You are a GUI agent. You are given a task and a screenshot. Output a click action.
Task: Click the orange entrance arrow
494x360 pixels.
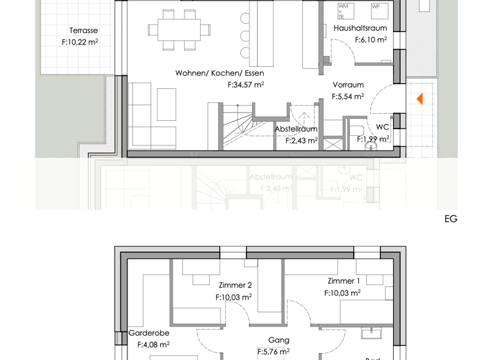419,99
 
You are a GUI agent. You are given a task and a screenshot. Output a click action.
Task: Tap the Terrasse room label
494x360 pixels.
84,30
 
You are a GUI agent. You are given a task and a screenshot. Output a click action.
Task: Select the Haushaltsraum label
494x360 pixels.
360,28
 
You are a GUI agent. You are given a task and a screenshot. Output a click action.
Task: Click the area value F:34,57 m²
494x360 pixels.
245,85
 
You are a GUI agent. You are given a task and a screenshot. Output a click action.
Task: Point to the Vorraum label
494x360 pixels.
348,85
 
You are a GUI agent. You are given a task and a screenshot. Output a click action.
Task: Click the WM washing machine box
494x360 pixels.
345,11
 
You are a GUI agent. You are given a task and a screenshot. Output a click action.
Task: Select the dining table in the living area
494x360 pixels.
179,30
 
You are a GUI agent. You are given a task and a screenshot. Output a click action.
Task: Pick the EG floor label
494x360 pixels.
450,219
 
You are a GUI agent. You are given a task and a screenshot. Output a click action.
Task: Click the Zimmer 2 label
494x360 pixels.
235,285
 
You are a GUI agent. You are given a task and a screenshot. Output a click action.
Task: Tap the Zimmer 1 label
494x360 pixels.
343,281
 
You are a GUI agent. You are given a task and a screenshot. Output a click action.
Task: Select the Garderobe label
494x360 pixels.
149,333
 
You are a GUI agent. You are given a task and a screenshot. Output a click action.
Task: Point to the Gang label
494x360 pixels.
279,340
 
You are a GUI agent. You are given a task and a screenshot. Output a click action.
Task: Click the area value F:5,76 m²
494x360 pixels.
273,352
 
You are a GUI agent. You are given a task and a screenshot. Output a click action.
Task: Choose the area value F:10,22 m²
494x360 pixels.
80,42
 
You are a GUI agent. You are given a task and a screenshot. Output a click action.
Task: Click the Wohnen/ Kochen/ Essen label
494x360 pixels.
219,73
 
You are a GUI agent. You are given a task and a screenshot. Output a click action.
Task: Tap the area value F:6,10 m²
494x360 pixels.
370,40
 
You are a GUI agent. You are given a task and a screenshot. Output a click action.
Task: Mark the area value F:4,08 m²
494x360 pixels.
153,345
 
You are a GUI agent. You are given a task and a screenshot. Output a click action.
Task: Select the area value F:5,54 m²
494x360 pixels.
347,97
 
